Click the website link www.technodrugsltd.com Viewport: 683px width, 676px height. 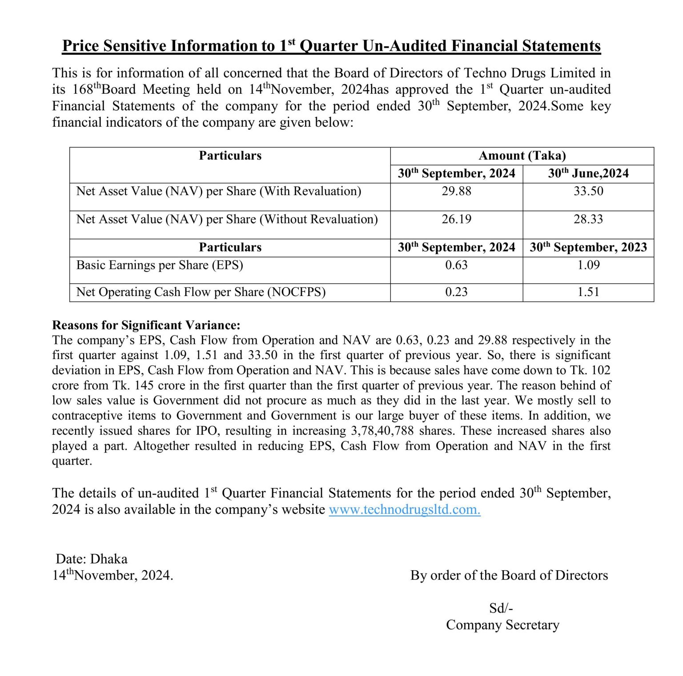pos(404,509)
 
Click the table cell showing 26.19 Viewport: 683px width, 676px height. pos(456,219)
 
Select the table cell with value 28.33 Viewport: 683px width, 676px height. pos(588,219)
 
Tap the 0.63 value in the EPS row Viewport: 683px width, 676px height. pos(456,265)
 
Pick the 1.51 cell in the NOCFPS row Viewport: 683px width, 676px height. pos(588,292)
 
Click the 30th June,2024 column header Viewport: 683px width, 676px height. pos(588,173)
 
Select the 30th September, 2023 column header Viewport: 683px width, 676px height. pos(588,247)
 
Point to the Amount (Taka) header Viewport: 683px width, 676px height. pos(522,156)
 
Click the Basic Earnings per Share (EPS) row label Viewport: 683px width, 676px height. pos(160,265)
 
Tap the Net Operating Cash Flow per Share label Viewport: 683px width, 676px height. pos(201,292)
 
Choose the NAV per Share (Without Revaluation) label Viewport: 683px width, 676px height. pos(227,219)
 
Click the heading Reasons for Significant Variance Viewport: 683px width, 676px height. pos(146,325)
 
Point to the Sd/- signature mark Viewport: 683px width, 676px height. pos(501,608)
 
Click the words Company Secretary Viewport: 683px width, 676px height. pos(502,625)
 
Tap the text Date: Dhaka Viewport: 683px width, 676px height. pos(92,559)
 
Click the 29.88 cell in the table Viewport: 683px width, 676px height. pos(456,191)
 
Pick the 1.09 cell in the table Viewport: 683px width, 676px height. pos(588,265)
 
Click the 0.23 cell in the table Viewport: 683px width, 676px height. pos(456,292)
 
